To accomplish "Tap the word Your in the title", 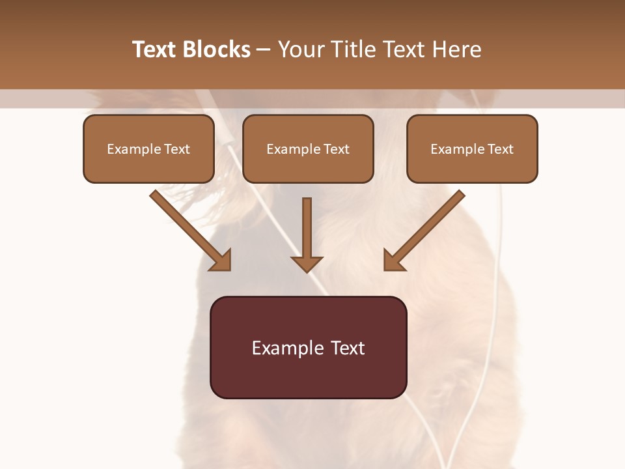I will [299, 50].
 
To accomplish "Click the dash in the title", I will [263, 50].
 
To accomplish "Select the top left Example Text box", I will [148, 149].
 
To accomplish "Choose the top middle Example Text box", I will [308, 149].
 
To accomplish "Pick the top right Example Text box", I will [472, 149].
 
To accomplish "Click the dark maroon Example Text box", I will [308, 347].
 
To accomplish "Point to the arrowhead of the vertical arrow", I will [307, 264].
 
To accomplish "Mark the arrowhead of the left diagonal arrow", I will [221, 261].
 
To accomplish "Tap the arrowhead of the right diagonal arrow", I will [393, 261].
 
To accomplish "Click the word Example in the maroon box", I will [285, 348].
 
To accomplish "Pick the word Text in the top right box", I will [500, 149].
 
